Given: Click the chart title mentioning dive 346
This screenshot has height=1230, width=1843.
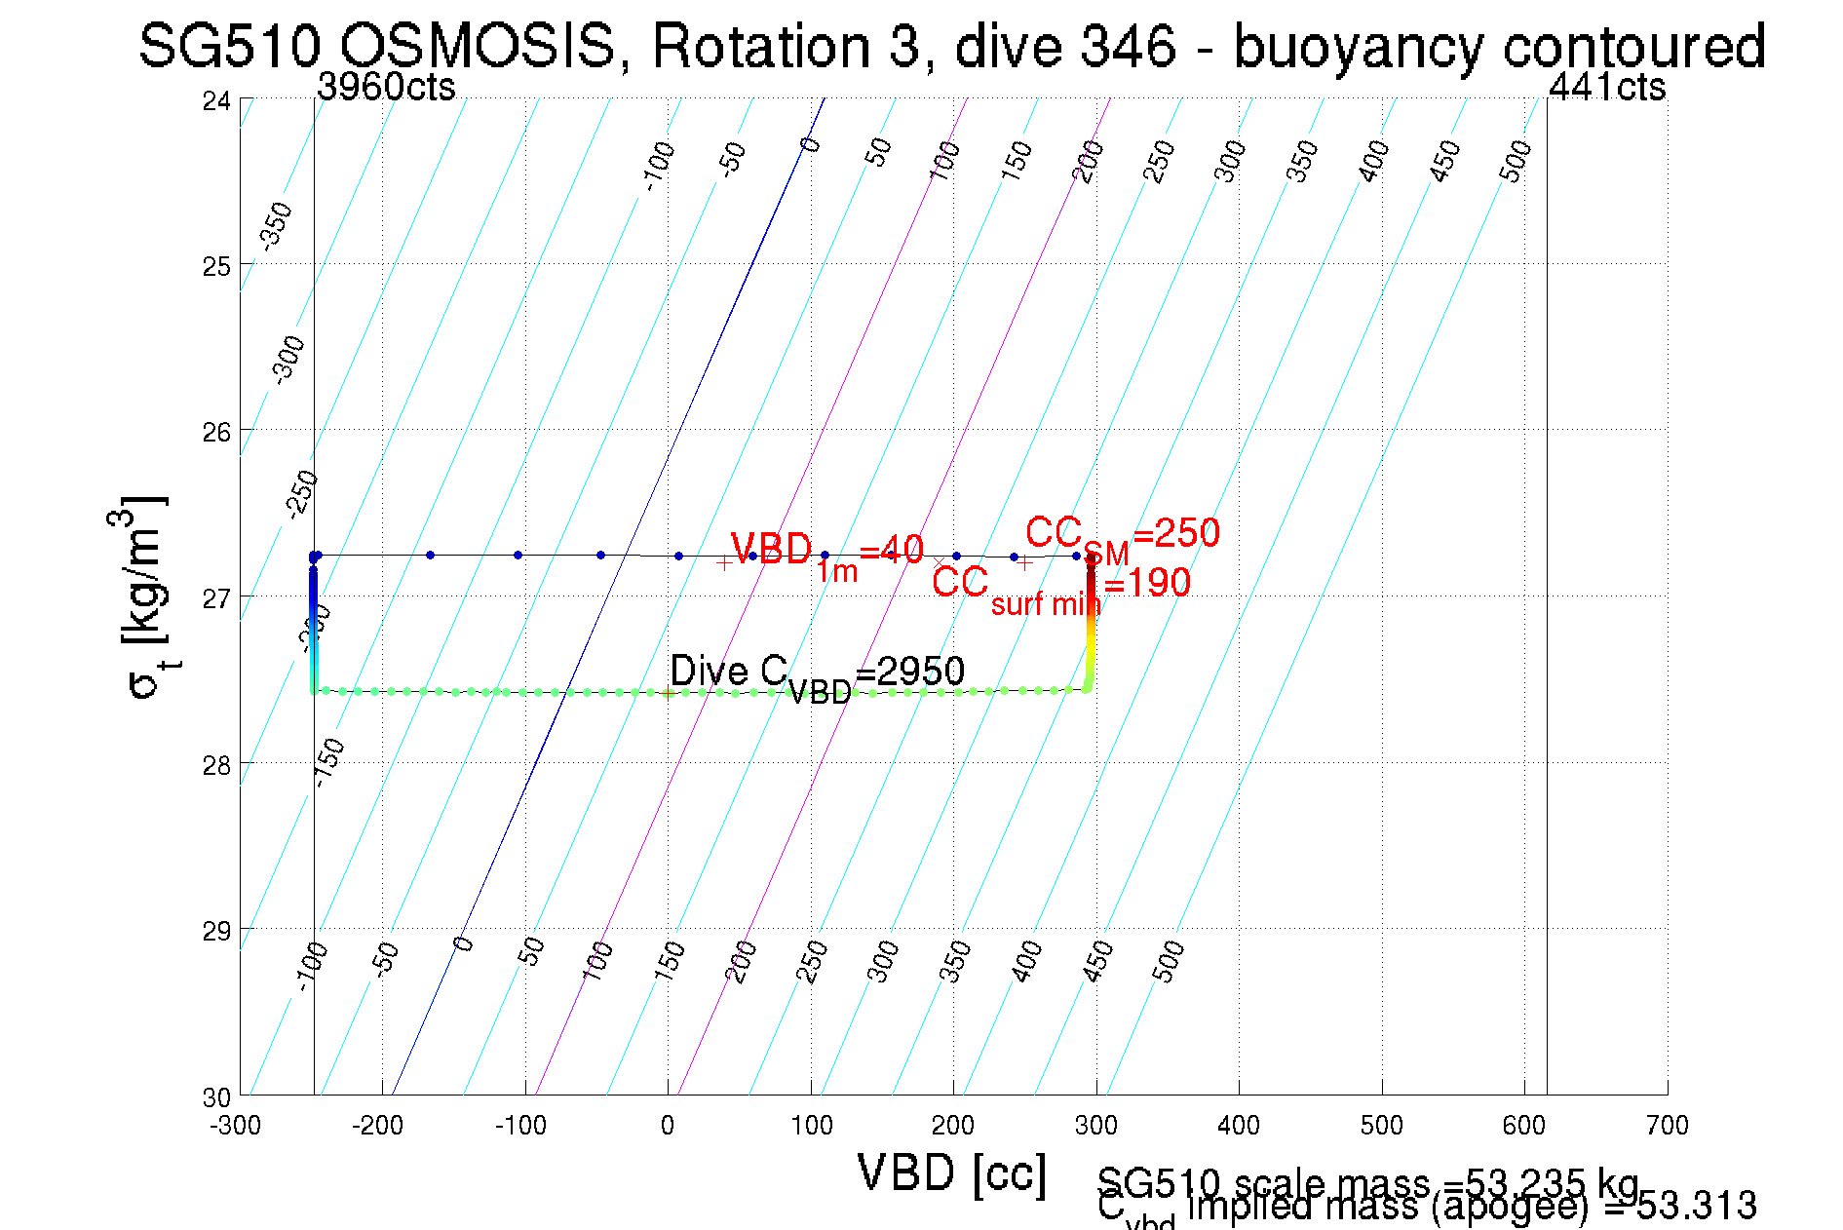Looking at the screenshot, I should [x=951, y=46].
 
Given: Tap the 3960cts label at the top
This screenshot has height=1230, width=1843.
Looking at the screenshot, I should [x=386, y=88].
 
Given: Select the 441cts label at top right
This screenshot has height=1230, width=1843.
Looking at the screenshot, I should [x=1606, y=88].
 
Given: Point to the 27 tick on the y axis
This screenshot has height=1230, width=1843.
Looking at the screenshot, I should [x=216, y=597].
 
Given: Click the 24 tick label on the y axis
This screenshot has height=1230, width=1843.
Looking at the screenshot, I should [x=216, y=100].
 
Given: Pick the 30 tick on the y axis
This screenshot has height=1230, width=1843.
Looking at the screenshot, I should [x=216, y=1097].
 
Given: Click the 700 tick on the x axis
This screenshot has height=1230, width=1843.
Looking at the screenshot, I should [x=1667, y=1126].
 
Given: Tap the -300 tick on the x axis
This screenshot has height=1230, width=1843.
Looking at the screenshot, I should [x=236, y=1126].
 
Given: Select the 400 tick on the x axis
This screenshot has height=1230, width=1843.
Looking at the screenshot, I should [x=1239, y=1126].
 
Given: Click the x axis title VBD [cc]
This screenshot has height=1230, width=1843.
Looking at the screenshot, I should [x=952, y=1172].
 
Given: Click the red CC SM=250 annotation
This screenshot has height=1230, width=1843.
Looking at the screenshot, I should [x=1122, y=536].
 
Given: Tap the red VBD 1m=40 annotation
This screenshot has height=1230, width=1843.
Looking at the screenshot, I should [x=826, y=553].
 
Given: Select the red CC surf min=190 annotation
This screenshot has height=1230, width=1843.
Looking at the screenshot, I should [x=1060, y=587].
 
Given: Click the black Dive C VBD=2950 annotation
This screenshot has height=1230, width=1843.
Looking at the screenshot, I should [x=817, y=673].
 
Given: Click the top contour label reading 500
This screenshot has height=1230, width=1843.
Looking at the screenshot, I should [x=1516, y=161].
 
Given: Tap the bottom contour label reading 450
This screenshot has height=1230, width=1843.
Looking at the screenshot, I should [x=1098, y=962].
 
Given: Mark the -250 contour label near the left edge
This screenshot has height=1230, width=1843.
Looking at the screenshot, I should [x=302, y=493].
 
